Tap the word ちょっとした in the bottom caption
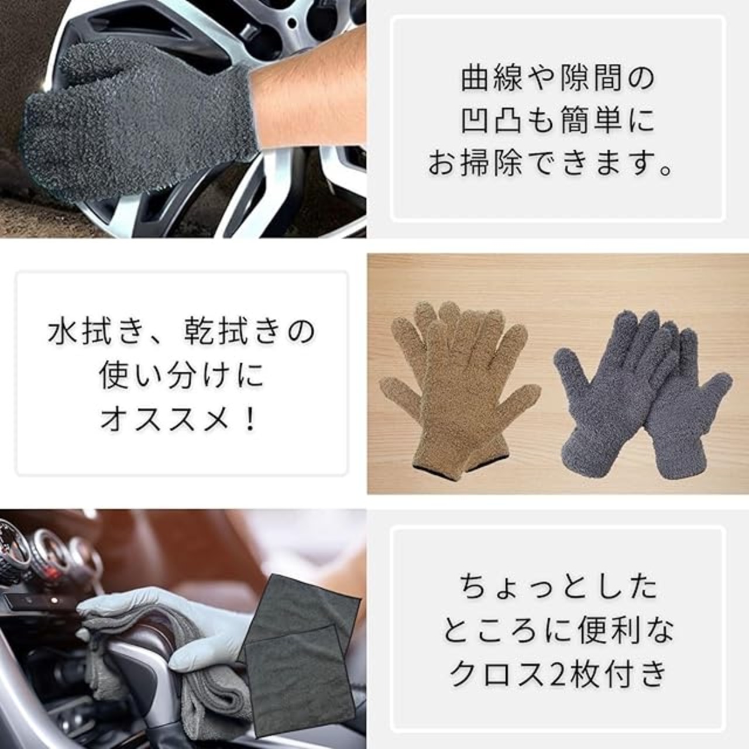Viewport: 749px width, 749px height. click(x=558, y=587)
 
